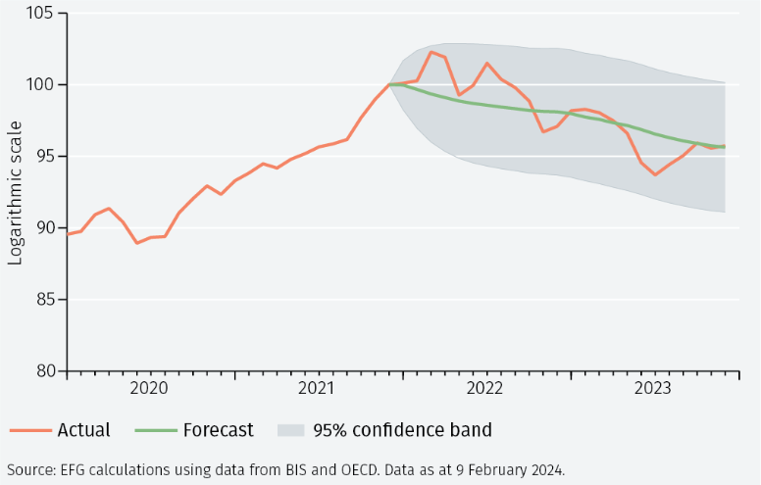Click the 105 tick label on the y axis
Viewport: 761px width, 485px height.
(x=41, y=14)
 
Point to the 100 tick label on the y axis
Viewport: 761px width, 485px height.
(x=41, y=85)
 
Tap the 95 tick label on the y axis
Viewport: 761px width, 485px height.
(x=45, y=157)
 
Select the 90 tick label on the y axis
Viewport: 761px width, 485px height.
(x=45, y=228)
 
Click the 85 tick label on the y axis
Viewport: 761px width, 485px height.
(x=45, y=300)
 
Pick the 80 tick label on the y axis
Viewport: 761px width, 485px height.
(x=45, y=371)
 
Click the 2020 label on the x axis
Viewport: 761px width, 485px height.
(x=150, y=389)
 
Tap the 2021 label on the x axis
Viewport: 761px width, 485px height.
(x=318, y=389)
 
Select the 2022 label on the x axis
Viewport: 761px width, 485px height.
(x=485, y=389)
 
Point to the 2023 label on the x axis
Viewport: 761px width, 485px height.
(x=653, y=389)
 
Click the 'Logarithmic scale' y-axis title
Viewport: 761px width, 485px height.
(x=16, y=192)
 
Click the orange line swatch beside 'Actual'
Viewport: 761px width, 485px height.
(x=29, y=430)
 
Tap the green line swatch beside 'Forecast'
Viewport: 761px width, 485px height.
(x=155, y=430)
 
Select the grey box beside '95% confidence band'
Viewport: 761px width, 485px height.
(x=290, y=430)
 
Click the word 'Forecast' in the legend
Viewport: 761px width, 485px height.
(x=218, y=430)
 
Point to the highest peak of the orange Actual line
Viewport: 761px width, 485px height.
(x=431, y=51)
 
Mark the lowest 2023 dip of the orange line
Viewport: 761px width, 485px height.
(x=655, y=174)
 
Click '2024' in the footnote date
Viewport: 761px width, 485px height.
(x=545, y=468)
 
